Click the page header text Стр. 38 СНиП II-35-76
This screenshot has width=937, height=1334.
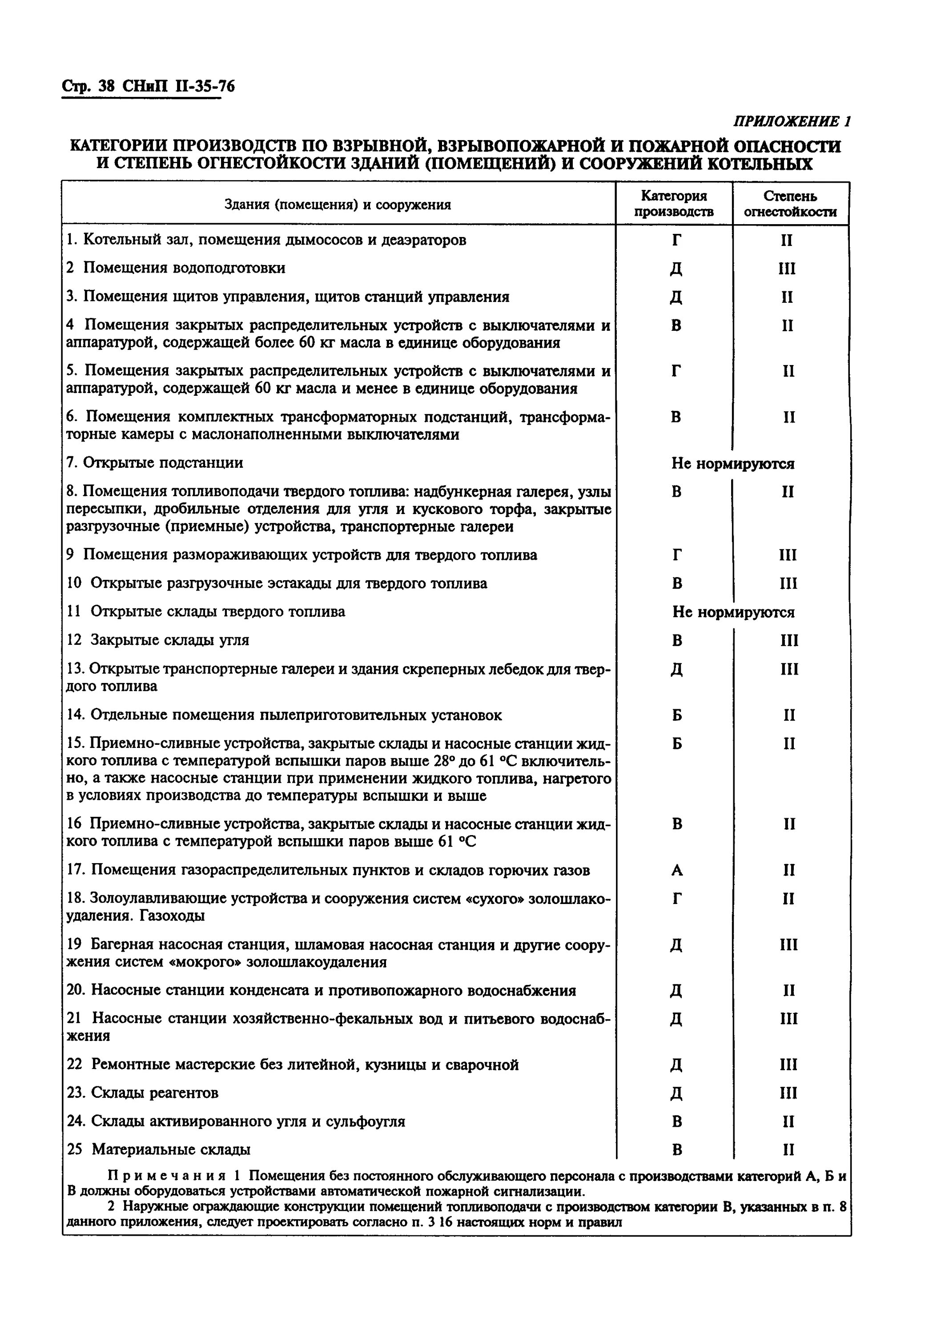(148, 87)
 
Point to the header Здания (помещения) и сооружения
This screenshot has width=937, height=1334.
(338, 205)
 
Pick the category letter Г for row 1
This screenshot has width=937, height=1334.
(676, 240)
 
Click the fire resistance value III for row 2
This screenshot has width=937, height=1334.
(787, 269)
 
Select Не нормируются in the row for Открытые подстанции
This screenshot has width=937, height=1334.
(732, 463)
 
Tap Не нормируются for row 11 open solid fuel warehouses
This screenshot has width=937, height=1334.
(733, 612)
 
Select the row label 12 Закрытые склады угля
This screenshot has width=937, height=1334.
(158, 640)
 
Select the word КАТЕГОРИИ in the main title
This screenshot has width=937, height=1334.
(118, 145)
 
